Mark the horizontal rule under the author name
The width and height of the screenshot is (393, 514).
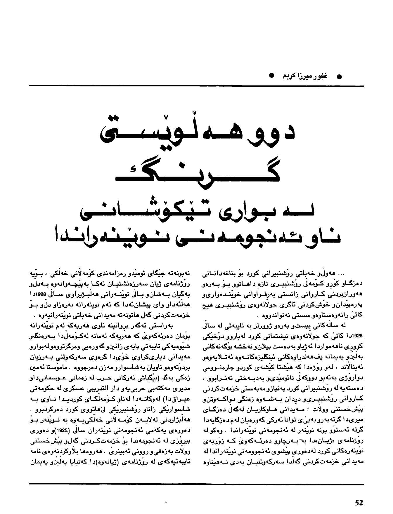pos(196,85)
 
